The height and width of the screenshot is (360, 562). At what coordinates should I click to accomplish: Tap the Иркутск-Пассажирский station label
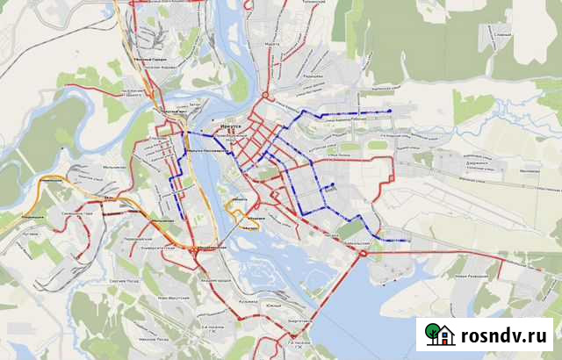click(x=203, y=150)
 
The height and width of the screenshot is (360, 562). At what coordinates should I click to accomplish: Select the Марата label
click(x=271, y=43)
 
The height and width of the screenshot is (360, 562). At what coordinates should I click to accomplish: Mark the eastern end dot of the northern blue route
click(x=389, y=111)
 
